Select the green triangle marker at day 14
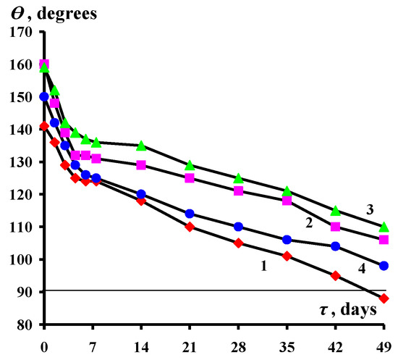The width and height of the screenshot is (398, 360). click(141, 146)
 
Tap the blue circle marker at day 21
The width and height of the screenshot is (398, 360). click(190, 214)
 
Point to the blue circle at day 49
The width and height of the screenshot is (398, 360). click(384, 266)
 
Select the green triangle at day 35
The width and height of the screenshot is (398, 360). click(287, 191)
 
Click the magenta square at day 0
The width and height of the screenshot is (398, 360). click(44, 64)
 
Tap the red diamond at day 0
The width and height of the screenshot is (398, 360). click(44, 126)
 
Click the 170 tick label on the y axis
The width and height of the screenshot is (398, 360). click(21, 33)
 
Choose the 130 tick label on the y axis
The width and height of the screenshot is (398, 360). click(21, 162)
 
